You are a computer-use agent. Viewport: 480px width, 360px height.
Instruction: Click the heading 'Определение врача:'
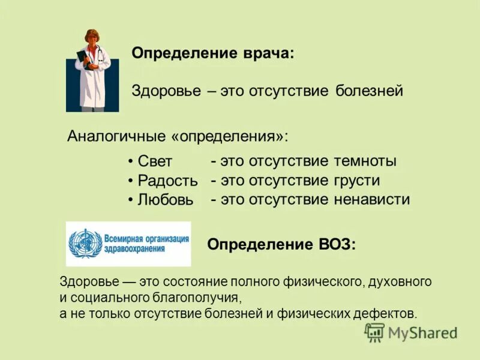(213, 53)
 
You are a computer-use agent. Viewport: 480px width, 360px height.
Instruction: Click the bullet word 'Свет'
(155, 162)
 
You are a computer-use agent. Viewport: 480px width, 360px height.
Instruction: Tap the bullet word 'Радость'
(167, 181)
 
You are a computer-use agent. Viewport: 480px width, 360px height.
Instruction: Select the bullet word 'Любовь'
(166, 200)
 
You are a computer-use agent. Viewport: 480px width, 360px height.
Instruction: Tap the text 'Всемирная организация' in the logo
(146, 238)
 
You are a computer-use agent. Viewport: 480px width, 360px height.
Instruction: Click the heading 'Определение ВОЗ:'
(281, 245)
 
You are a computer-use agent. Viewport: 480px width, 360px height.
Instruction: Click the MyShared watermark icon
(374, 332)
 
